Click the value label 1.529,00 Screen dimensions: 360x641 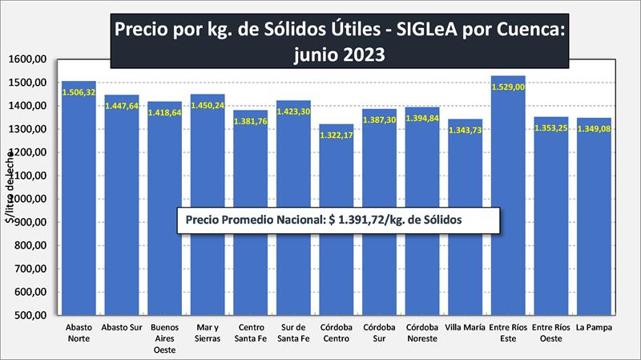tap(508, 88)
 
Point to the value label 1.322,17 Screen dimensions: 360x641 tap(337, 136)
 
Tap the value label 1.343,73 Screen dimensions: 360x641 tap(465, 131)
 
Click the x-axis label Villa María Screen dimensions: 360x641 tap(465, 328)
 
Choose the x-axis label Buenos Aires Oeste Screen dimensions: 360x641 tap(164, 338)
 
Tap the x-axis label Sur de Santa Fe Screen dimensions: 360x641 tap(293, 333)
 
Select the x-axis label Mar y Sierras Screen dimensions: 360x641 tap(208, 333)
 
